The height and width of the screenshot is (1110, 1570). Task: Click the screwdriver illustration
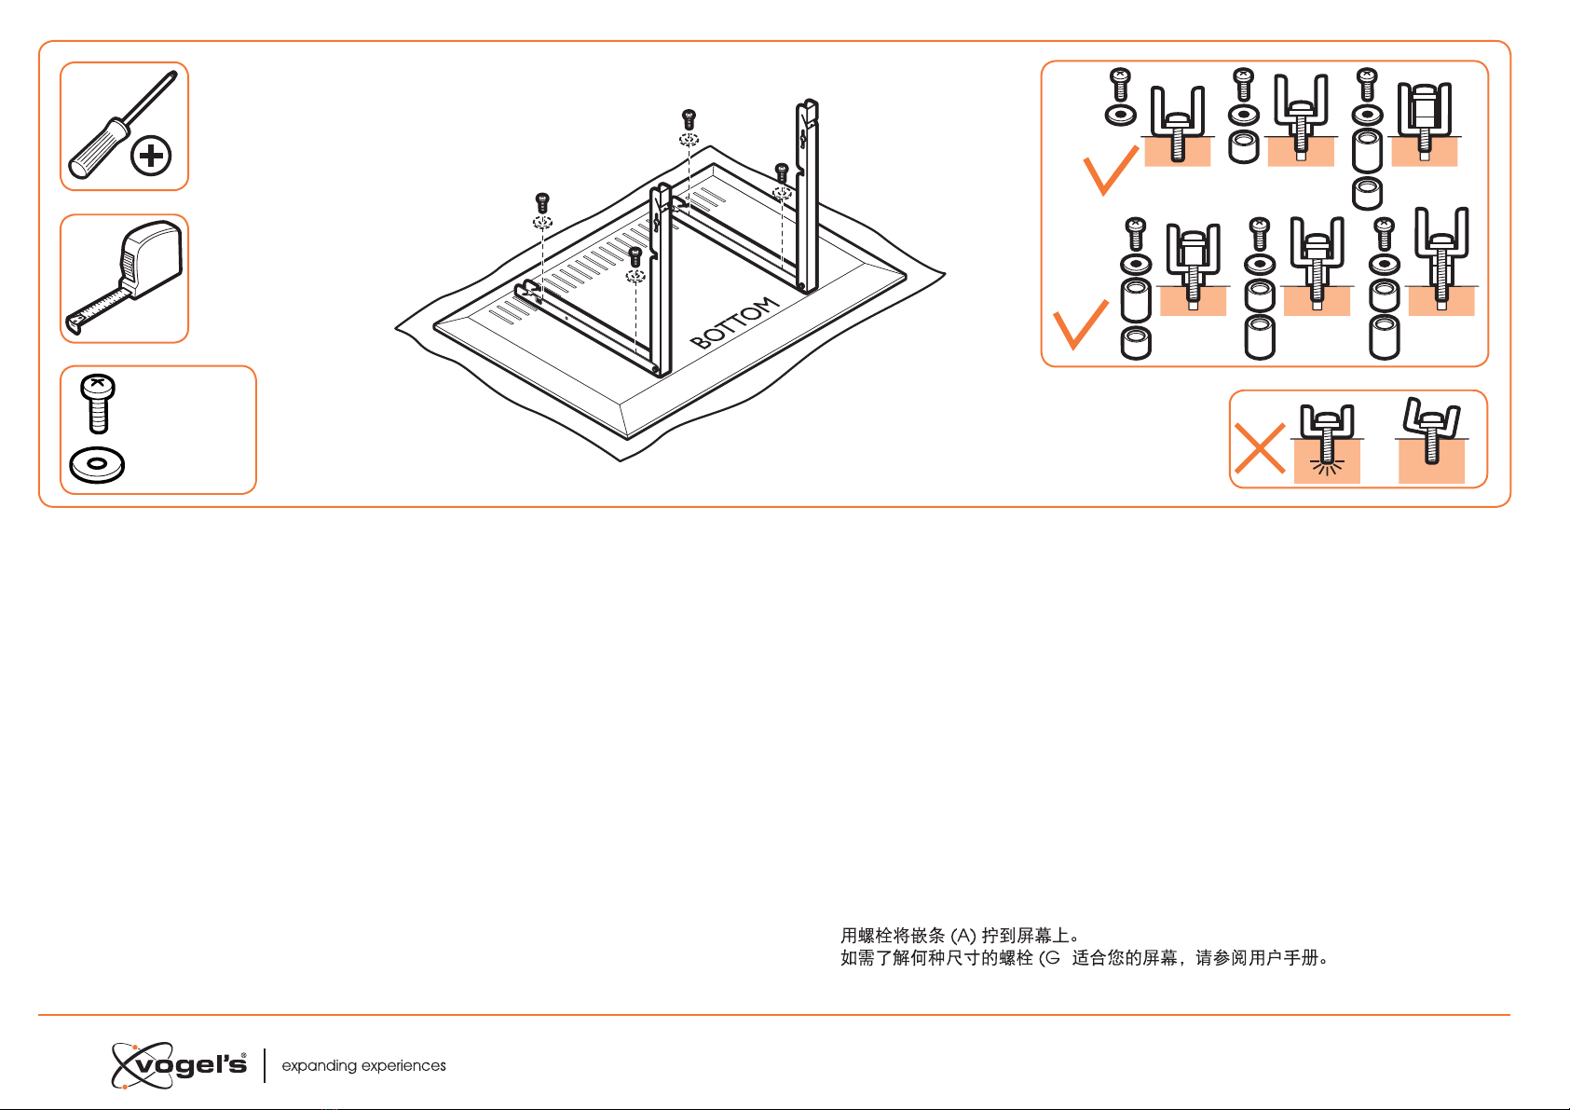pos(120,126)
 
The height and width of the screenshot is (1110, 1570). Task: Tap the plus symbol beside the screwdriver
pos(151,156)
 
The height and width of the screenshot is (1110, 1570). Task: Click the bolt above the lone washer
pos(98,404)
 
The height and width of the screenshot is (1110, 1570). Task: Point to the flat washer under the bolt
pos(98,465)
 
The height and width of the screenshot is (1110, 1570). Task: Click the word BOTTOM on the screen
pos(734,322)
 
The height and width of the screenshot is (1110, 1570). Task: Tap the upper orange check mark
pos(1111,170)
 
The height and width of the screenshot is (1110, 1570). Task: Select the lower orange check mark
pos(1081,324)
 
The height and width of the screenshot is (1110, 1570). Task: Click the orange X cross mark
pos(1260,448)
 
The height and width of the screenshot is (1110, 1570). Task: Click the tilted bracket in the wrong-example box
pos(1431,429)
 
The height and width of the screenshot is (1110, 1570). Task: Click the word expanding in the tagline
pos(319,1066)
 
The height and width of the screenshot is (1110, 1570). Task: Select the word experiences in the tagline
pos(403,1066)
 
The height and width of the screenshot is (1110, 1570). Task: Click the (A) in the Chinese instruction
pos(963,936)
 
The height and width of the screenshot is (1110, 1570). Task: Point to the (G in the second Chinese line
pos(1049,958)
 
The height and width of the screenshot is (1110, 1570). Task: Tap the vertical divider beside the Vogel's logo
pos(265,1066)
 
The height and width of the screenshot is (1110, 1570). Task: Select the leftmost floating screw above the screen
pos(541,203)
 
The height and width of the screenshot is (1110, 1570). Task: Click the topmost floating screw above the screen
pos(689,119)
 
